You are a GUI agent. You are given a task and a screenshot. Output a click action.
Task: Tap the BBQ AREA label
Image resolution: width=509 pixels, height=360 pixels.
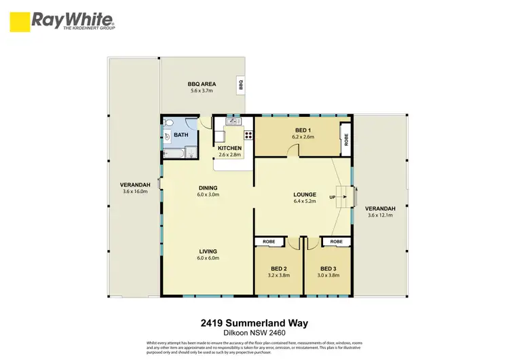(200, 84)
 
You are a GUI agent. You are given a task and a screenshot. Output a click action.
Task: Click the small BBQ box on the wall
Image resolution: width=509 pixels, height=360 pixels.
(240, 84)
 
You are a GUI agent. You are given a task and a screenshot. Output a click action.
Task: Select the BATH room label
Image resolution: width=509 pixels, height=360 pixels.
(181, 135)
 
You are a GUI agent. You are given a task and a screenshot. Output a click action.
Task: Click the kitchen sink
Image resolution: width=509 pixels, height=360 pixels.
(233, 122)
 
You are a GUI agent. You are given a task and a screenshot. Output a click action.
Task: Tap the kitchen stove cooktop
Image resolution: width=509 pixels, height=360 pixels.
(248, 134)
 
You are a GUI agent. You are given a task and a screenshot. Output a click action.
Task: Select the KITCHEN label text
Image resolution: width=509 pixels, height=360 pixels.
(229, 148)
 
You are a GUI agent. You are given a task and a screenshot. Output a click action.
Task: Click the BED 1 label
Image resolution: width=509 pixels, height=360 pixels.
(303, 130)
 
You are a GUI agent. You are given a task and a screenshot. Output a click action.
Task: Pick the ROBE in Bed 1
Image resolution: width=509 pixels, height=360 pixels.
(346, 139)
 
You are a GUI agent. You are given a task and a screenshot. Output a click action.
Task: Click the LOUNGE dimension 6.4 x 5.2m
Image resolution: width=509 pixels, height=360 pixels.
(305, 202)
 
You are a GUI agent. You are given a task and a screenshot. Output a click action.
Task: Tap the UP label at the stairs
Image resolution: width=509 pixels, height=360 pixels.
(332, 196)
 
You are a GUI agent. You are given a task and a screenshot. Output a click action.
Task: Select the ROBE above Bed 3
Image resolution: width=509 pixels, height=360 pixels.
(336, 241)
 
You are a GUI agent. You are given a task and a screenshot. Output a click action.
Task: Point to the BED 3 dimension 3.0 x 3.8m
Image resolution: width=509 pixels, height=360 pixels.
(328, 276)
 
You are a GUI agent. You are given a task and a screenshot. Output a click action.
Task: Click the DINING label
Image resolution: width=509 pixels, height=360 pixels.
(208, 188)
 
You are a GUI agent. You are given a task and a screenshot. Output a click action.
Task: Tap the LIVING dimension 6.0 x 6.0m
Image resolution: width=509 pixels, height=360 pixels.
(208, 258)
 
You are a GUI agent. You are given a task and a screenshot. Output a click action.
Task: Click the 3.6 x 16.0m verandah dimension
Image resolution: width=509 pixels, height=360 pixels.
(135, 192)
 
